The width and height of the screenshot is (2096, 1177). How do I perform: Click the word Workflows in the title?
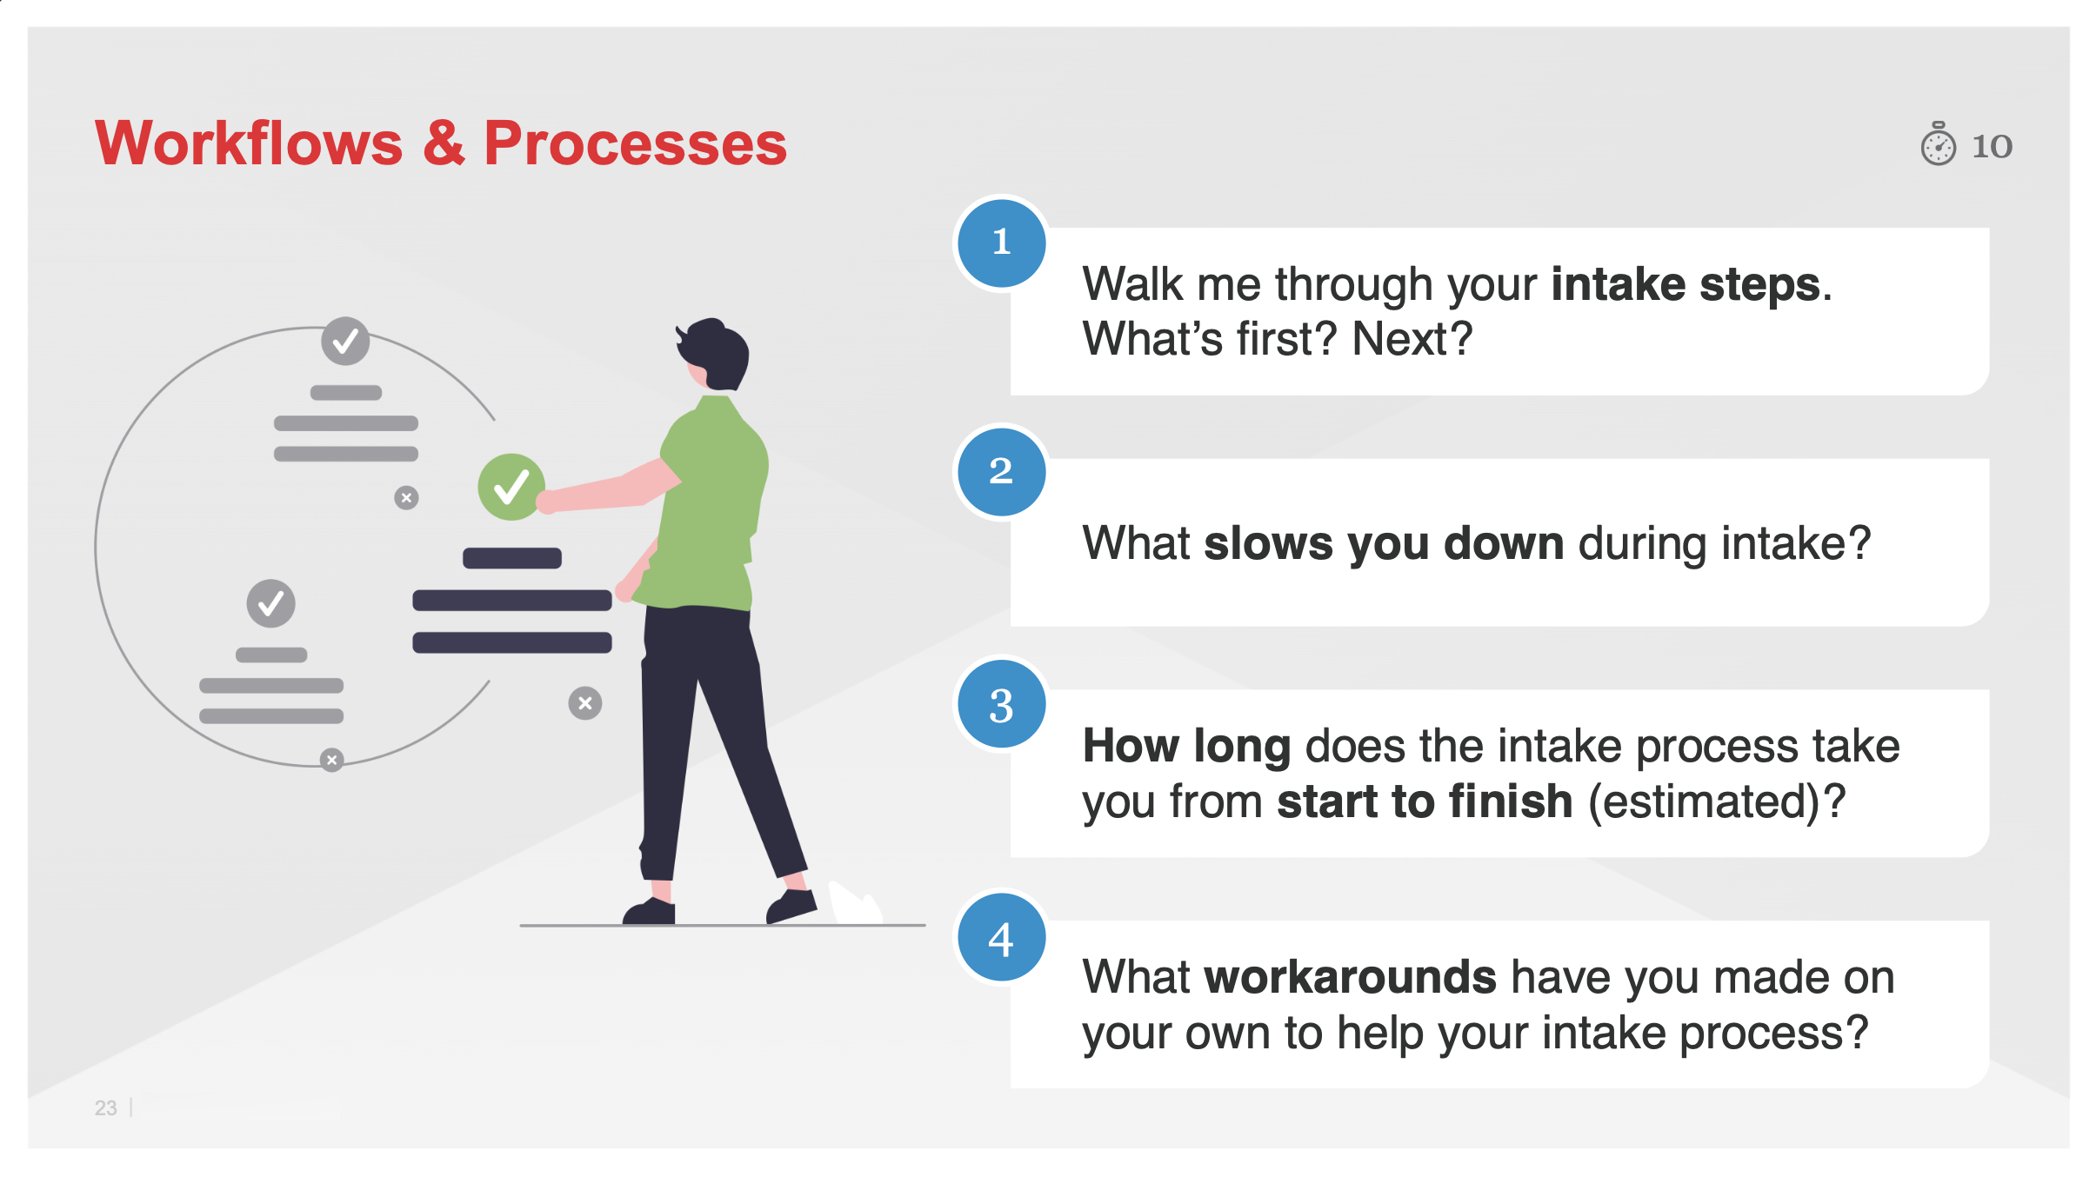tap(249, 143)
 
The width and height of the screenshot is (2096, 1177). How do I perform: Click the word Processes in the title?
tap(635, 143)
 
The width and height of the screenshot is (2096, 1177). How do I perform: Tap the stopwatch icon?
tap(1938, 144)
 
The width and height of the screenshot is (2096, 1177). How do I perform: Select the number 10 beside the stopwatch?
tap(1992, 146)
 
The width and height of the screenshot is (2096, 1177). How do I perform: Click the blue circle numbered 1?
tap(1001, 243)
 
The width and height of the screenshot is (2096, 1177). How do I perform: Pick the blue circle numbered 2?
tap(1001, 472)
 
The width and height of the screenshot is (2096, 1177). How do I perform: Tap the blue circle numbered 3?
tap(1001, 704)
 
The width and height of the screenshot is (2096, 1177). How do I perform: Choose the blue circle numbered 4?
tap(1001, 937)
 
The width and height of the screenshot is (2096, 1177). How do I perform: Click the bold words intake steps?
tap(1685, 284)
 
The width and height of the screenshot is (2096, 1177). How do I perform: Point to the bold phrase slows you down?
tap(1384, 543)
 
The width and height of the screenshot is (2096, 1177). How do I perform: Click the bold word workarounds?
tap(1350, 977)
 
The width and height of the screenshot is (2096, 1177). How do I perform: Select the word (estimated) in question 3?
tap(1705, 801)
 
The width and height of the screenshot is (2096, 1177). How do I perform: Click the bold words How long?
tap(1186, 746)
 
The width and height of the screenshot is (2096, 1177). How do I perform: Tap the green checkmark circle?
tap(511, 487)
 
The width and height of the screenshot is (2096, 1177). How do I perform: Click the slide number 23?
tap(105, 1107)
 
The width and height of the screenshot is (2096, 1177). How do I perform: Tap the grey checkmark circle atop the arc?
tap(345, 341)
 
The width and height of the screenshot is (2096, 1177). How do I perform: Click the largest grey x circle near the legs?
tap(585, 702)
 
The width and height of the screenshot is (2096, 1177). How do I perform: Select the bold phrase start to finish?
tap(1425, 801)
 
